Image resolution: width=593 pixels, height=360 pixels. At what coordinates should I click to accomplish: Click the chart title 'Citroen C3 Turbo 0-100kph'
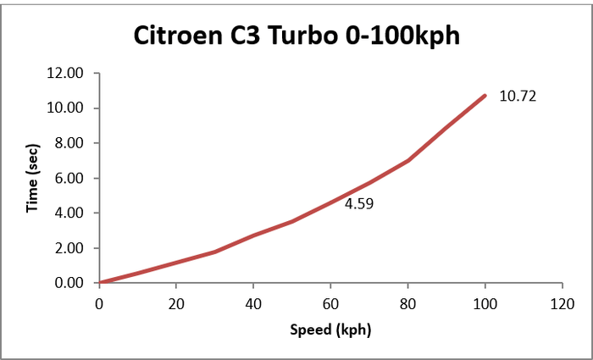pyautogui.click(x=296, y=36)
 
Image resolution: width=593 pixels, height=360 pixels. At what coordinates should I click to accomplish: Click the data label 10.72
pyautogui.click(x=518, y=96)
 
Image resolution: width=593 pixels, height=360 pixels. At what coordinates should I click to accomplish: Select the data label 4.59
pyautogui.click(x=359, y=203)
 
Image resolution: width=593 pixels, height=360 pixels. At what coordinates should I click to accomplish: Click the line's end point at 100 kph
pyautogui.click(x=485, y=96)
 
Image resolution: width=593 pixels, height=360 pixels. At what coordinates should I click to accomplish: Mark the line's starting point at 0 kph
pyautogui.click(x=100, y=283)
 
